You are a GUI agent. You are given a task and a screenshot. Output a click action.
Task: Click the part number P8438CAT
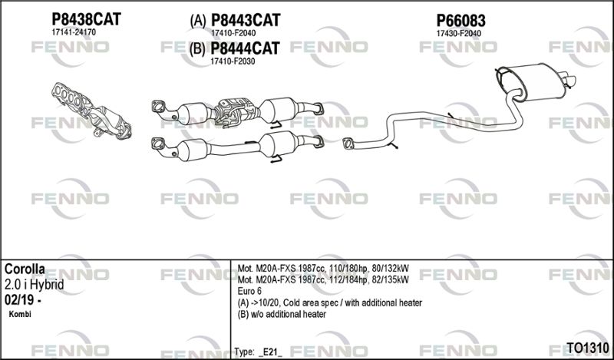[x=86, y=19]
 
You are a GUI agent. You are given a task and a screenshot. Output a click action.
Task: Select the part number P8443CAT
[x=246, y=21]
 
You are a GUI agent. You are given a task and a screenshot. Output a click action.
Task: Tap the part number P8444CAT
[x=245, y=48]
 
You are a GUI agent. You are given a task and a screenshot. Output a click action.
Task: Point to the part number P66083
[x=461, y=21]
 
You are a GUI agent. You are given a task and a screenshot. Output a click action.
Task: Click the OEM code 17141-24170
[x=74, y=32]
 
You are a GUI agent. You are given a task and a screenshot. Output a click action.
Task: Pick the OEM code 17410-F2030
[x=233, y=61]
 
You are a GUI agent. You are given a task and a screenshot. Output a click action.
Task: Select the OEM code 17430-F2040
[x=458, y=33]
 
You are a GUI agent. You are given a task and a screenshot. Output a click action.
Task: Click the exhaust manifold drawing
[x=91, y=111]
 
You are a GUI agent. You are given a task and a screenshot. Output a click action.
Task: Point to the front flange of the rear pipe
[x=348, y=144]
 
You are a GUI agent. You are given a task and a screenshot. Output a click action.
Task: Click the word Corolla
[x=25, y=269]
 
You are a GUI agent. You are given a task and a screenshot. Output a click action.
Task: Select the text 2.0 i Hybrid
[x=34, y=285]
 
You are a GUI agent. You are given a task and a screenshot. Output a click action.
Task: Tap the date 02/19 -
[x=23, y=300]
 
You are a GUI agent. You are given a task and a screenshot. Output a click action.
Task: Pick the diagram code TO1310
[x=588, y=348]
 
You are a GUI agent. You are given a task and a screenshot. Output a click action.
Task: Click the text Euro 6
[x=249, y=292]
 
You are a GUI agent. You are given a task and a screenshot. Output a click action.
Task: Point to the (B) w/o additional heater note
[x=282, y=314]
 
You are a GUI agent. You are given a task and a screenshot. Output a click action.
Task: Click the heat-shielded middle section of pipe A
[x=236, y=111]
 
